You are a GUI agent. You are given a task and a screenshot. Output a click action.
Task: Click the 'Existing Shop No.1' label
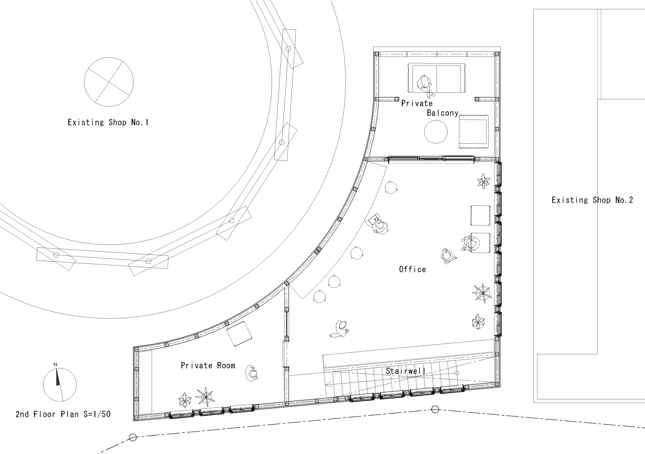(x=108, y=122)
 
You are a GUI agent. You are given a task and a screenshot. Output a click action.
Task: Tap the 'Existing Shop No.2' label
(x=592, y=200)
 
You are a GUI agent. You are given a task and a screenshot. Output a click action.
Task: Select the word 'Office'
(x=412, y=269)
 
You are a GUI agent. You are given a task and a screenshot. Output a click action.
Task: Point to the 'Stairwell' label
(x=405, y=371)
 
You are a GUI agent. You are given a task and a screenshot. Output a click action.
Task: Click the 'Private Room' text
(x=208, y=365)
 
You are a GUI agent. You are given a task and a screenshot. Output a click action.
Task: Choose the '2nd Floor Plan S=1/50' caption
(x=63, y=414)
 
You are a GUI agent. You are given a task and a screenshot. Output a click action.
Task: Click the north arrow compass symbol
(x=60, y=384)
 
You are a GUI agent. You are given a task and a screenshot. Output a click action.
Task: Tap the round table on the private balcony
(x=436, y=132)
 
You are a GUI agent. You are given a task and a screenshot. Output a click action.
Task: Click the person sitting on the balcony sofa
(x=425, y=85)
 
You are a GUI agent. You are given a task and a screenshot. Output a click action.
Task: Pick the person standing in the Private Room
(x=251, y=373)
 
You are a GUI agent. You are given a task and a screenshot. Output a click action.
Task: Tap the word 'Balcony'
(x=443, y=113)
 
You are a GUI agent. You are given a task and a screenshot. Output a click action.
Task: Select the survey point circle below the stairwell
(x=435, y=409)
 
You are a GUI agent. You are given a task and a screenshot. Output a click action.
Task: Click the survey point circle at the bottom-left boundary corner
(x=133, y=437)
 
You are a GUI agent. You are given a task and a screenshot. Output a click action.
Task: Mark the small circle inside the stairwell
(x=457, y=372)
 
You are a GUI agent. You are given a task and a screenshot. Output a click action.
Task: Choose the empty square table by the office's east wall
(x=480, y=215)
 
